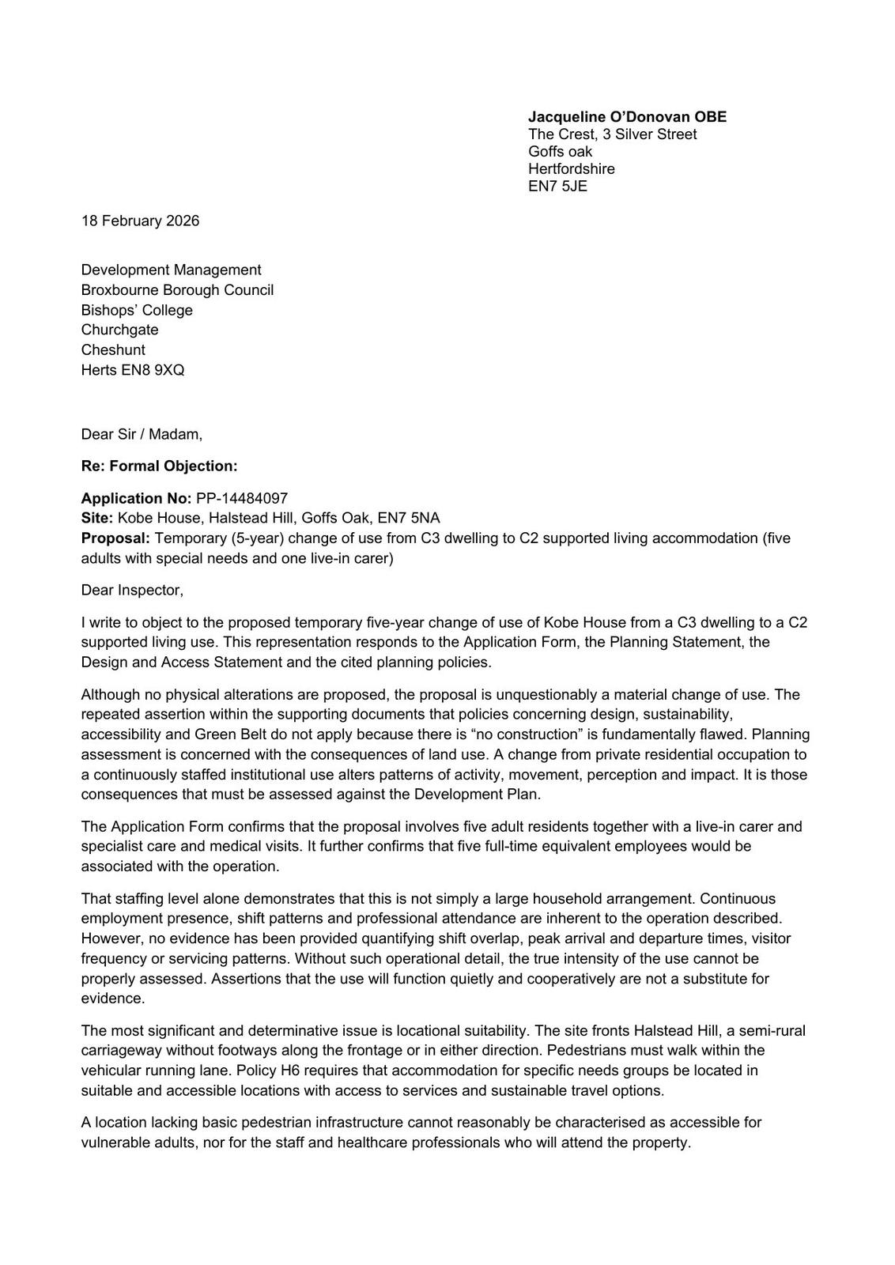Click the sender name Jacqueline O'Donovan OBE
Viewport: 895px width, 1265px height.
tap(627, 117)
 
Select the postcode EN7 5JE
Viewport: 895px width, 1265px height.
tap(557, 187)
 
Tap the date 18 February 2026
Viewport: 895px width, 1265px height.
tap(140, 221)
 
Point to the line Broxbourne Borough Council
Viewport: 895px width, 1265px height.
tap(177, 290)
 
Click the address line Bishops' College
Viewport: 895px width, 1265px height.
tap(137, 310)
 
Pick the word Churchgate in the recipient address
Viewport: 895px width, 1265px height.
tap(119, 330)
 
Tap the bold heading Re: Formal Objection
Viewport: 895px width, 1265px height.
tap(159, 466)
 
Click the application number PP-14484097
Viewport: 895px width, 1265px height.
tap(241, 499)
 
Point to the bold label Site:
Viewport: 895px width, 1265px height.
tap(97, 519)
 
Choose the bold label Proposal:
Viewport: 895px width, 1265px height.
tap(115, 538)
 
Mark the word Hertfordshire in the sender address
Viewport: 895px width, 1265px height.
tap(571, 169)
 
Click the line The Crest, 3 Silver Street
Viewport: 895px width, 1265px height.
tap(612, 134)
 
